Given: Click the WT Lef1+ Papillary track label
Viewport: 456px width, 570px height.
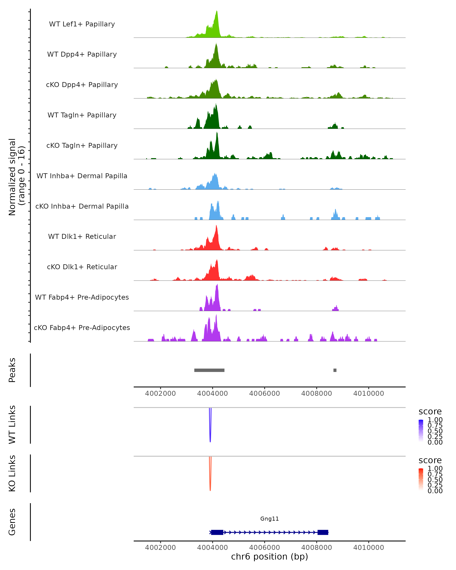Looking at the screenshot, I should [82, 24].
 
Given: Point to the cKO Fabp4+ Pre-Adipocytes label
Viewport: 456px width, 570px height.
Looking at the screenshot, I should [82, 328].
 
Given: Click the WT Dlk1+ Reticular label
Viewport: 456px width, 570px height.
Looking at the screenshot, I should [82, 236].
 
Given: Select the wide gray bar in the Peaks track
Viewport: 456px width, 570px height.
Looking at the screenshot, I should [209, 370].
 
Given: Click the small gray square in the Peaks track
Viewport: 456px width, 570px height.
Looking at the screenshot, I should [335, 370].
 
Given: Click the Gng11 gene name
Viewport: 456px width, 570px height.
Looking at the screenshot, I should [269, 519].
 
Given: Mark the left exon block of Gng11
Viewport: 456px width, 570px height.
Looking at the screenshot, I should [217, 532].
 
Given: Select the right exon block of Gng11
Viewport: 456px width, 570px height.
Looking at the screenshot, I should [323, 532].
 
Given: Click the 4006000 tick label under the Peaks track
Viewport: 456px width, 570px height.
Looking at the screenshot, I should [264, 393].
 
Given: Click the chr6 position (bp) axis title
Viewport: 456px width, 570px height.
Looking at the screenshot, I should [269, 557].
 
